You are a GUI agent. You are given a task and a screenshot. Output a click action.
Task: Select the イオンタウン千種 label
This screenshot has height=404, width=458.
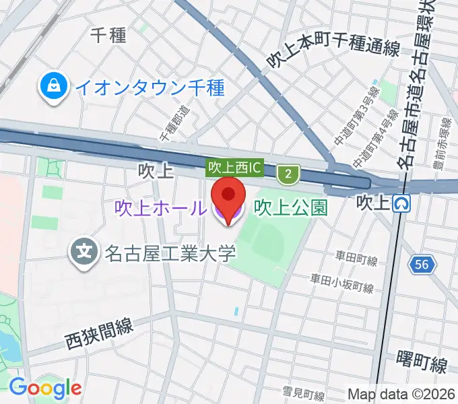[x=149, y=88]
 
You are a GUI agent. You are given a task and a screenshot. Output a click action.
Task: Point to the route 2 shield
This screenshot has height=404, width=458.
[x=289, y=174]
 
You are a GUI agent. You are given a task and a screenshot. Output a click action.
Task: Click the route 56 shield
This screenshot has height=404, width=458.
[x=422, y=265]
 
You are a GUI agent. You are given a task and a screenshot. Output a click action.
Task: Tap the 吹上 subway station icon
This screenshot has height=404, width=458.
[x=402, y=202]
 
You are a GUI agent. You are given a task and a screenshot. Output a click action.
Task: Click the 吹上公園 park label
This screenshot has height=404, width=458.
[x=290, y=207]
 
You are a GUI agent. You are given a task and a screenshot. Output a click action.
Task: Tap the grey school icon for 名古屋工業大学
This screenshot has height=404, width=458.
[x=84, y=254]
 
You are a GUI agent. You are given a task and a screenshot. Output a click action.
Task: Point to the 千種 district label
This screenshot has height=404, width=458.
[x=108, y=35]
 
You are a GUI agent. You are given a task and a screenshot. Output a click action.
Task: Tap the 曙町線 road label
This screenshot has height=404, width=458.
[x=422, y=366]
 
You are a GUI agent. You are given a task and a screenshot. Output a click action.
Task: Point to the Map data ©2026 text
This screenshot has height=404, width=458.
[x=401, y=394]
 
